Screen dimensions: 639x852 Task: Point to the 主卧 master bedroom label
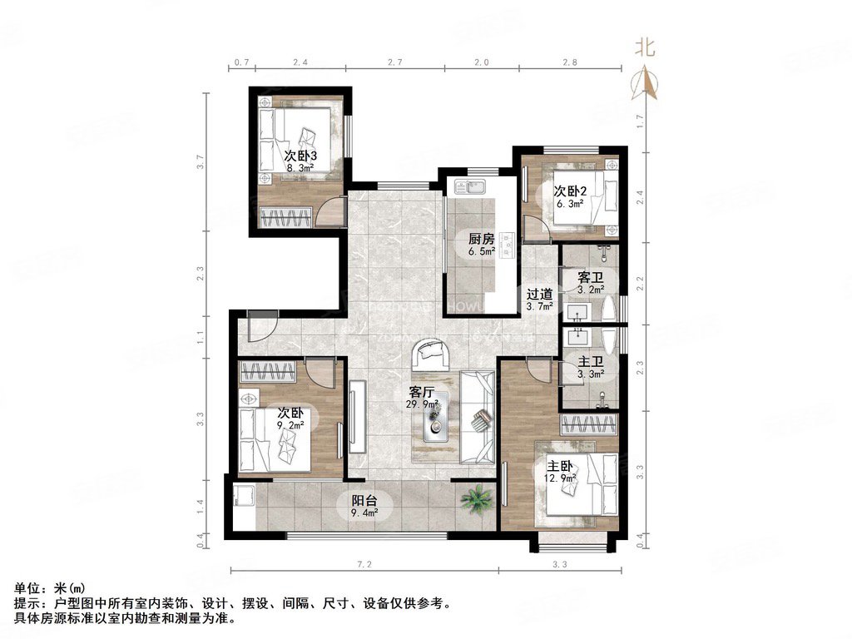coord(560,465)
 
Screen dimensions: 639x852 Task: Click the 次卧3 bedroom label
coord(301,156)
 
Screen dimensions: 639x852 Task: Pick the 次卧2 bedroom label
coord(571,189)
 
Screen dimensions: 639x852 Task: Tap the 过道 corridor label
coord(540,294)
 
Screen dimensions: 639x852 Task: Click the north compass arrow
coord(646,82)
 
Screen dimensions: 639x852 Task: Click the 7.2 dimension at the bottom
coord(364,564)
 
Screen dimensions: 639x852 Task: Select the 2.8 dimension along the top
coord(569,62)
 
